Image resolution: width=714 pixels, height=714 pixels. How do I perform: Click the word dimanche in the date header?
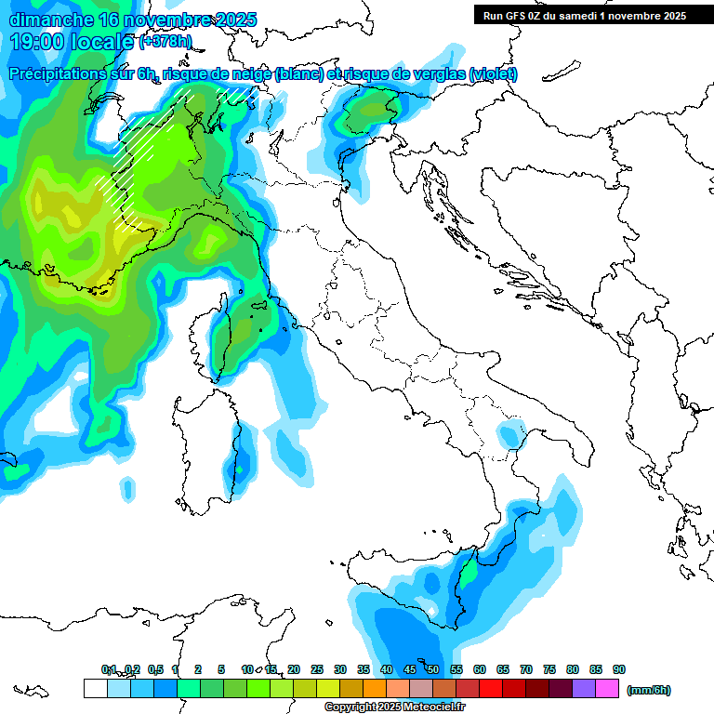51,20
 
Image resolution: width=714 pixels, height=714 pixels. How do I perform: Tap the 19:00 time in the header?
34,42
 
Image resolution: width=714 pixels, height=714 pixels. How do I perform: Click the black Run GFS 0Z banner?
584,15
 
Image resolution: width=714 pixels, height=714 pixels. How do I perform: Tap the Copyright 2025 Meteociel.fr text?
394,707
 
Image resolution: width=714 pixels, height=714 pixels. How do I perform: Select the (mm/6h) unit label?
648,690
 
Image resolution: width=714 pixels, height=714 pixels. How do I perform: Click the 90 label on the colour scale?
618,669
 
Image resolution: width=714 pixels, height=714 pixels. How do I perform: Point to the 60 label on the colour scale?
479,669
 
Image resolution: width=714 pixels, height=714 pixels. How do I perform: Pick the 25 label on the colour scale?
316,669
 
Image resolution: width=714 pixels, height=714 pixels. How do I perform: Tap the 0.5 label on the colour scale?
154,669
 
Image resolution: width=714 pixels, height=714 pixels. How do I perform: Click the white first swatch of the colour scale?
95,688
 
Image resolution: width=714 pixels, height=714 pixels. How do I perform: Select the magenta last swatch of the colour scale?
607,688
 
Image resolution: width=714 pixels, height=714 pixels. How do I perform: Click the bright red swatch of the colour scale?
491,688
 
